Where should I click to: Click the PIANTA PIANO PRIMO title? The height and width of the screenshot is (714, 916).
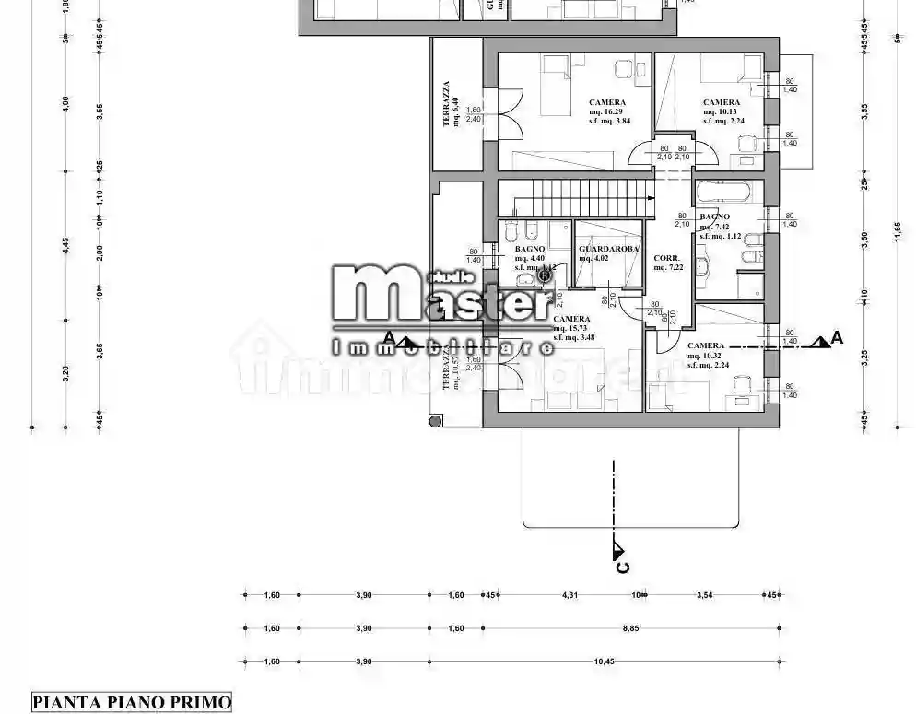tap(132, 702)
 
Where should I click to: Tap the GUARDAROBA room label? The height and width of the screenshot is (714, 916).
tap(604, 250)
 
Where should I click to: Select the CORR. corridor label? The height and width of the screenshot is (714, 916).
tap(666, 258)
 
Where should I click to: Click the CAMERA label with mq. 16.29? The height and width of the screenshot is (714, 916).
tap(607, 103)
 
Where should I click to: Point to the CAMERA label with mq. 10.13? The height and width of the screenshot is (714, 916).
tap(721, 103)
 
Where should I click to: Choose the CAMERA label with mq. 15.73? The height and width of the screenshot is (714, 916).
tap(572, 319)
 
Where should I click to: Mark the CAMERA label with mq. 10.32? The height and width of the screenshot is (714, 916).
tap(706, 345)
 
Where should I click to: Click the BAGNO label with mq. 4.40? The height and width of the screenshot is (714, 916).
tap(530, 250)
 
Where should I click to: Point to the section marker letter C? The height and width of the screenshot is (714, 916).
tap(623, 566)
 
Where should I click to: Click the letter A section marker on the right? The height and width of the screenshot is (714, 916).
tap(836, 338)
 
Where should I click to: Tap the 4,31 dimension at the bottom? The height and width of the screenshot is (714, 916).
tap(570, 595)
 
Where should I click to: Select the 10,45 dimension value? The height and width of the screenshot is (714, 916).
tap(605, 661)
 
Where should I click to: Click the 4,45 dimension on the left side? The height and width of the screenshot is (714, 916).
tap(65, 244)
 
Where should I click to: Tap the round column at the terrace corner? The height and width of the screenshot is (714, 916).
tap(435, 421)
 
